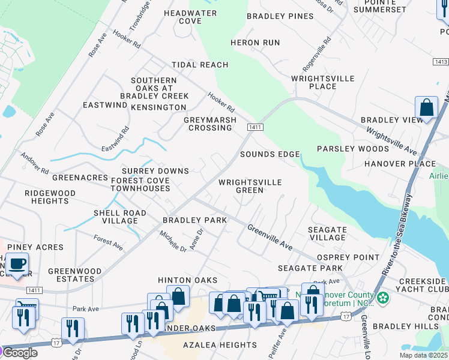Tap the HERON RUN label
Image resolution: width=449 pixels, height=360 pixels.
[x=255, y=43]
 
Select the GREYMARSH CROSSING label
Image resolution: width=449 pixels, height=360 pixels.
[x=208, y=124]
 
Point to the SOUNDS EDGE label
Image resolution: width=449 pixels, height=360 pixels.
[x=270, y=154]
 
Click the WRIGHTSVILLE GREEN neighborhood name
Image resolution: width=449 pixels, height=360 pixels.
[x=250, y=186]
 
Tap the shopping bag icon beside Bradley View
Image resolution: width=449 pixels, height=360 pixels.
[x=427, y=109]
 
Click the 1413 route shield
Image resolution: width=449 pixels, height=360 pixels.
[x=440, y=62]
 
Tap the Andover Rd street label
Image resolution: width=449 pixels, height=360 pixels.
[x=35, y=162]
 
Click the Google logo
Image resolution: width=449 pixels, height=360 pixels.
[x=20, y=353]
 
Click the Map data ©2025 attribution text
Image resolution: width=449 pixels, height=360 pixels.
[x=424, y=355]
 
